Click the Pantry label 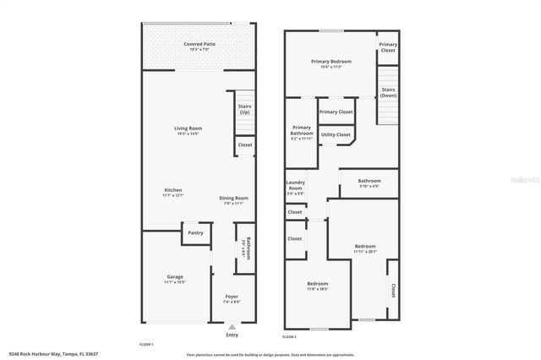[x=195, y=232]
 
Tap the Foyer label [x=231, y=298]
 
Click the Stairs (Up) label [x=244, y=109]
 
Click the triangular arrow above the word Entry [x=232, y=326]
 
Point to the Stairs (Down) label [x=389, y=93]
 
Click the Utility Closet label [x=336, y=134]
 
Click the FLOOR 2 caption [x=289, y=336]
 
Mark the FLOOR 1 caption [x=146, y=345]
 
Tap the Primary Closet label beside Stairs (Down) [x=387, y=47]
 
